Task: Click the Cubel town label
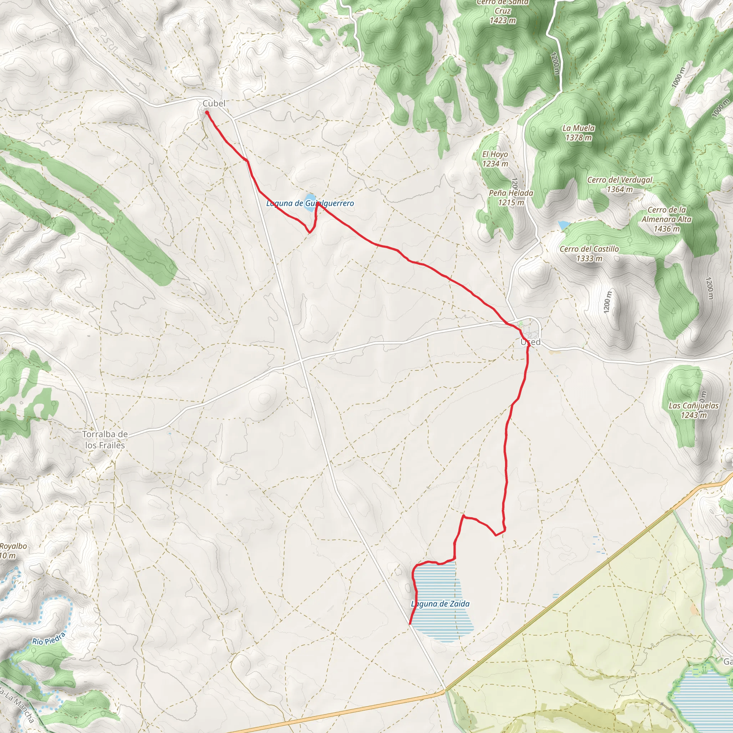214,103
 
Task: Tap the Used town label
530,342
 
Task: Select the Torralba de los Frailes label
105,440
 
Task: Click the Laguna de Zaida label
440,604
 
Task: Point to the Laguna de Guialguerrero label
310,203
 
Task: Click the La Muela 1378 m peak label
578,133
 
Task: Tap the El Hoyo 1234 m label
495,159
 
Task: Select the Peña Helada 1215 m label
511,197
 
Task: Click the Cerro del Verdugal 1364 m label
620,184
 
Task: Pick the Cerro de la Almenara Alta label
666,219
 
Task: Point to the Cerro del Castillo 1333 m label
589,253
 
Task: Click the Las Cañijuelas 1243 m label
694,410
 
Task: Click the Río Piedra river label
49,639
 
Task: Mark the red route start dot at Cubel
207,112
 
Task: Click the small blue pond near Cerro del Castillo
563,225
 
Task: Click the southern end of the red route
410,623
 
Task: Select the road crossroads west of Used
302,360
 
